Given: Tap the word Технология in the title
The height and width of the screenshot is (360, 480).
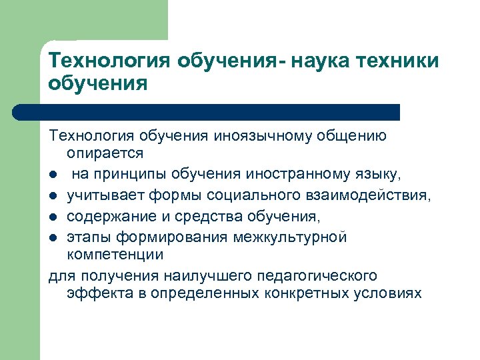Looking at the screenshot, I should (109, 61).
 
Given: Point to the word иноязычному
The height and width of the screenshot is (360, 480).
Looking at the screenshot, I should (266, 136).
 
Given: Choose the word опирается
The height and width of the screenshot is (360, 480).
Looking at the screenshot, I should (105, 153).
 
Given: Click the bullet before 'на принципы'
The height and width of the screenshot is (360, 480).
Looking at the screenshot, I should (53, 175).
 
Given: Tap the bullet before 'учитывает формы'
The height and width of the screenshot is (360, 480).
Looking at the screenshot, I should (53, 197).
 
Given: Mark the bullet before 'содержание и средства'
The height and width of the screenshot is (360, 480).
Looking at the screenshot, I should (53, 218).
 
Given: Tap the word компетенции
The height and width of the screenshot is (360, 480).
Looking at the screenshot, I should (115, 255).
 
